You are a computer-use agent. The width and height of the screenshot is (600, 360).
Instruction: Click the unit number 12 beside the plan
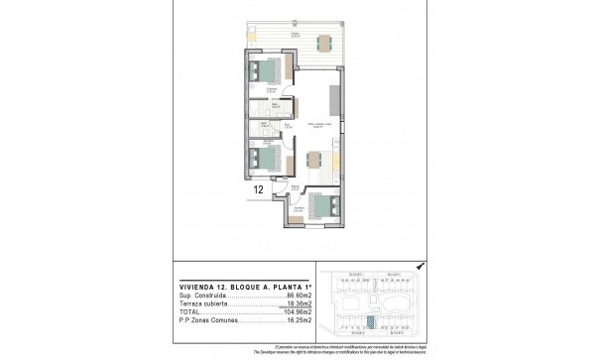(257, 187)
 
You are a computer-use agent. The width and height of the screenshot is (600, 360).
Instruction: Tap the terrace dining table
(325, 44)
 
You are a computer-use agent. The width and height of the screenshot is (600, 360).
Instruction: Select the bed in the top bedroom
(266, 71)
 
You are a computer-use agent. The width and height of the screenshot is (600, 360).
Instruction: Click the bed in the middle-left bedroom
(263, 158)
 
